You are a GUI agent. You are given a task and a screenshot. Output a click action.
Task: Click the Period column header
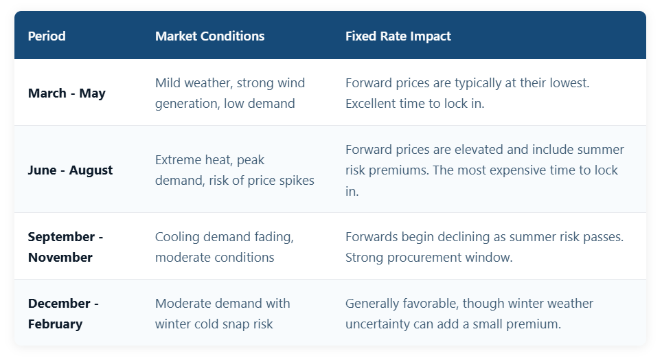pos(47,36)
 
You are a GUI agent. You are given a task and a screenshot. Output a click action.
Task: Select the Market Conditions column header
pos(210,36)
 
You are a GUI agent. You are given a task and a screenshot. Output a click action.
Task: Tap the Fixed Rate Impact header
pos(398,36)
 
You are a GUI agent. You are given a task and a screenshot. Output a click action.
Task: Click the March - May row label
pos(67,93)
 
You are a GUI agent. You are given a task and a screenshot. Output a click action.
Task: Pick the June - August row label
pos(70,170)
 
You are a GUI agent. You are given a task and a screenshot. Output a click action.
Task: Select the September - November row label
pos(65,247)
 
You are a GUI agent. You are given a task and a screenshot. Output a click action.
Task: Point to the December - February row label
pos(63,313)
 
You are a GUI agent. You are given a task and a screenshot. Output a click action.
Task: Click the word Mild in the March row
pos(168,83)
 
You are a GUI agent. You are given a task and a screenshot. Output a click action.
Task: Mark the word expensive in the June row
pos(517,170)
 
